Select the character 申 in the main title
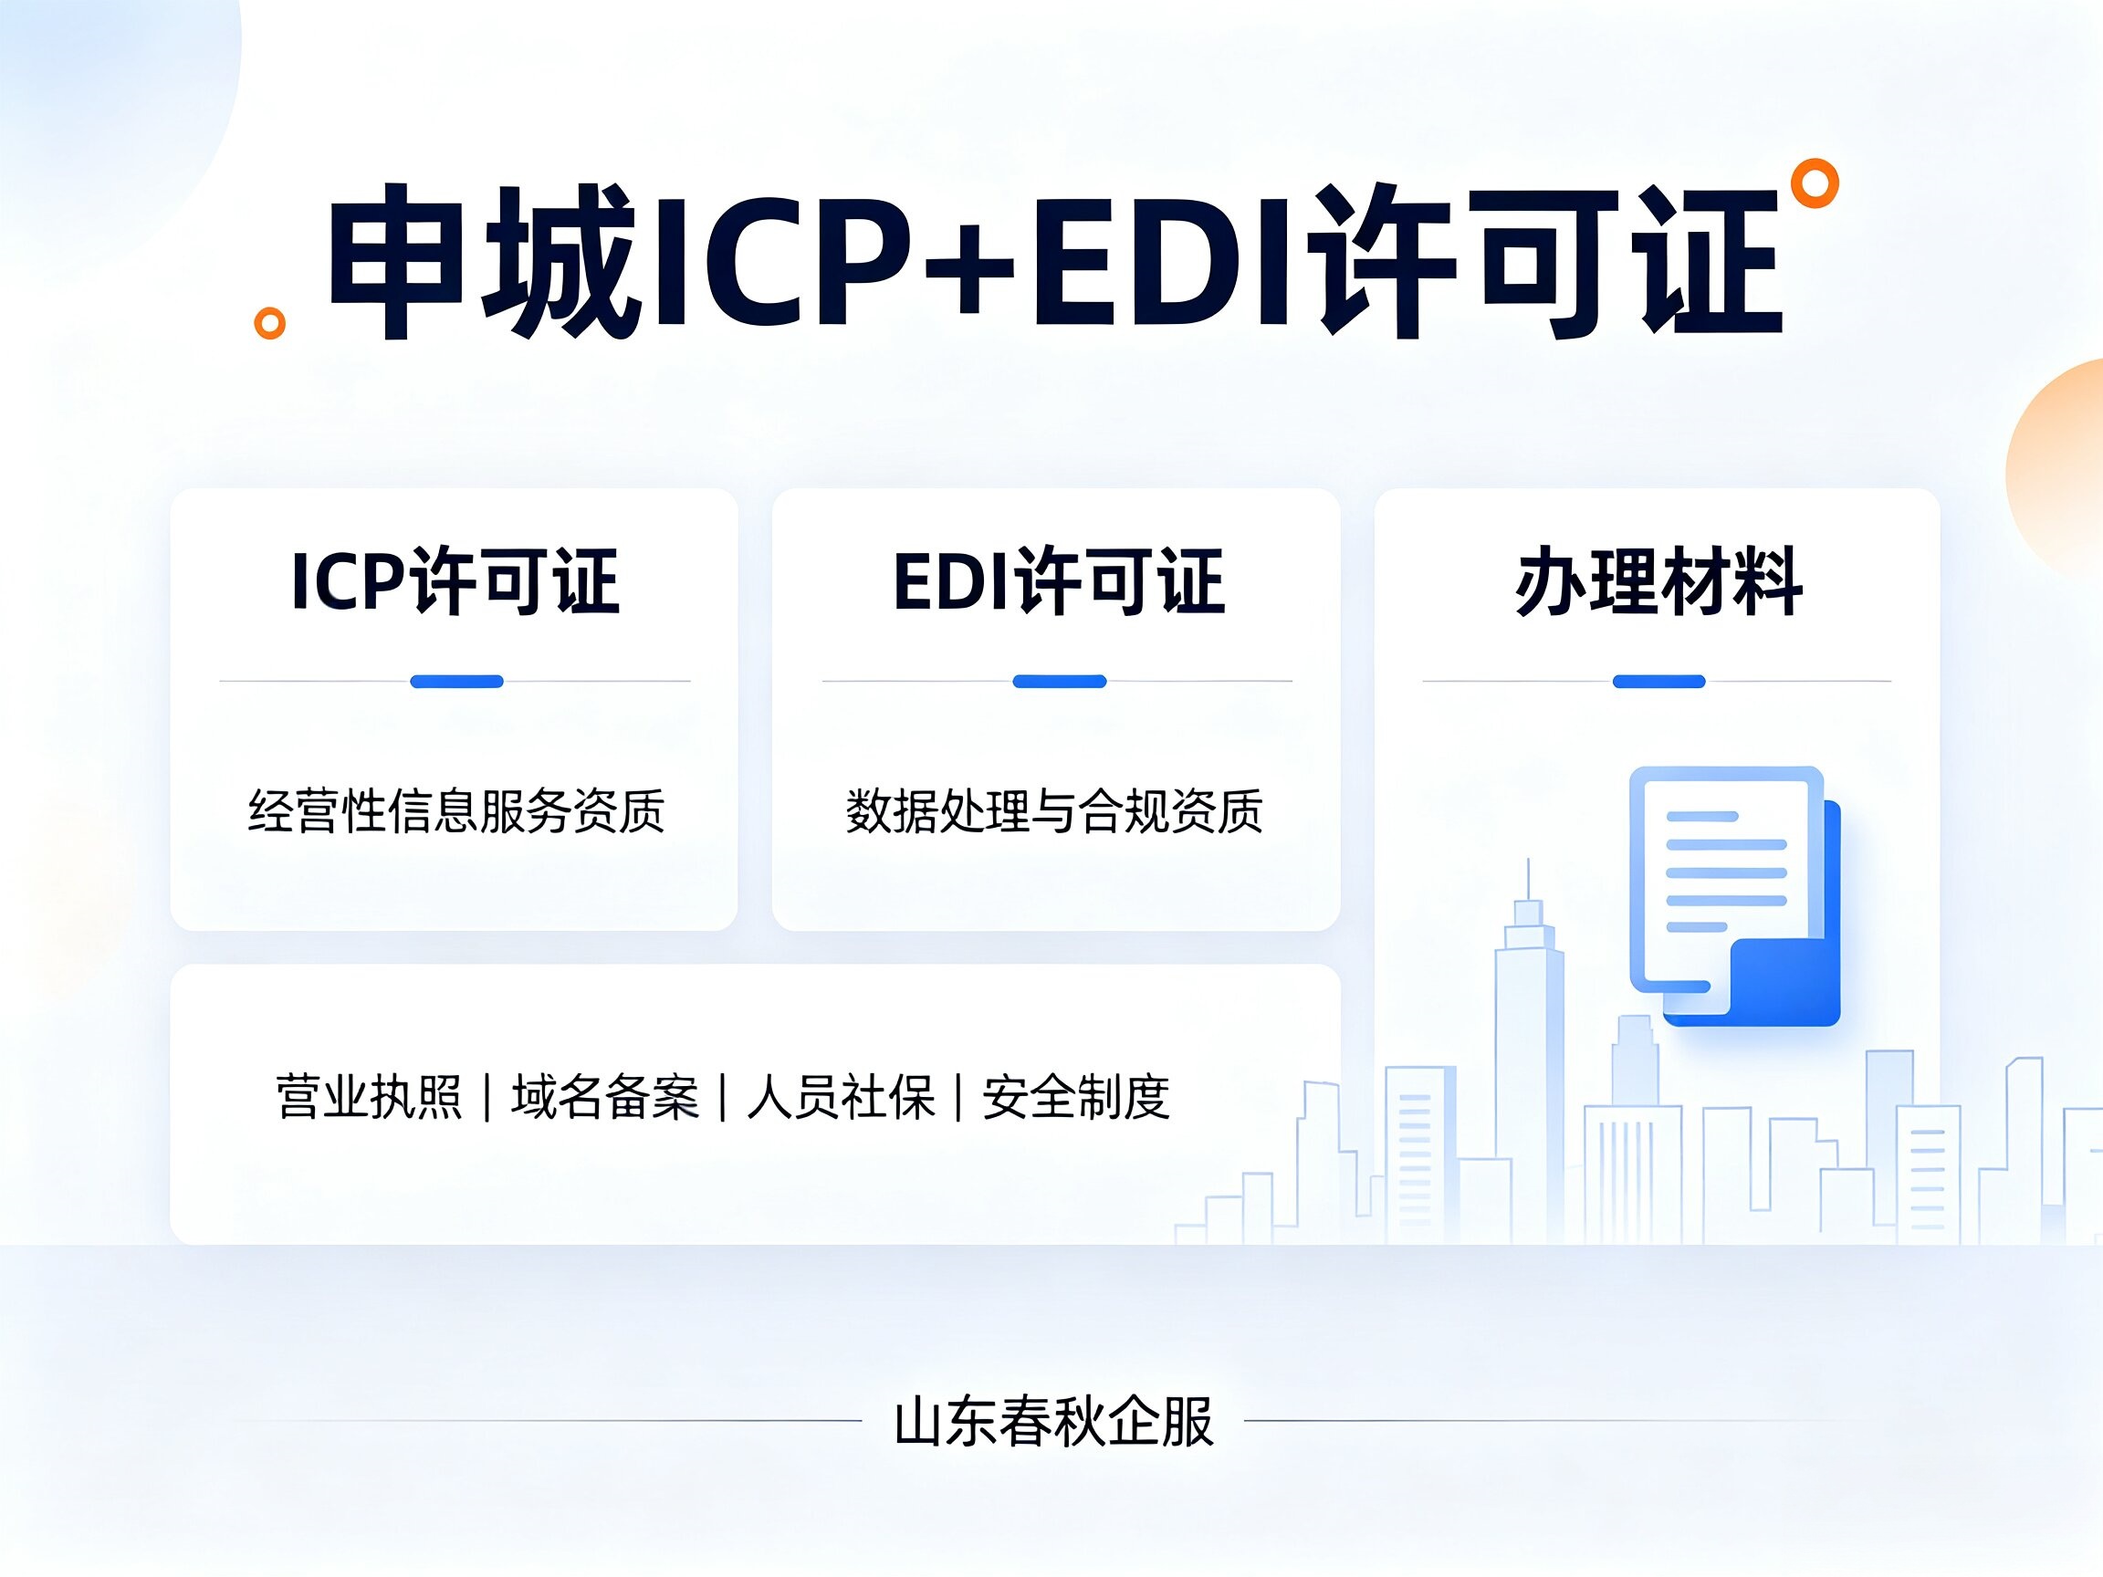point(397,261)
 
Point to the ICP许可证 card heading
point(455,580)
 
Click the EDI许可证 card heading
point(1058,580)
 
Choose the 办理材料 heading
point(1658,580)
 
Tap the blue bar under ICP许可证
point(456,682)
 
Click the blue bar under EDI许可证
point(1059,682)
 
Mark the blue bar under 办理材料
point(1659,682)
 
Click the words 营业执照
point(369,1097)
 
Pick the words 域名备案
point(604,1097)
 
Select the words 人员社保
point(841,1097)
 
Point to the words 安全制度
point(1076,1097)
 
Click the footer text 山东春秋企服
point(1053,1422)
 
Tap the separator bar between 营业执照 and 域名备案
point(487,1098)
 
